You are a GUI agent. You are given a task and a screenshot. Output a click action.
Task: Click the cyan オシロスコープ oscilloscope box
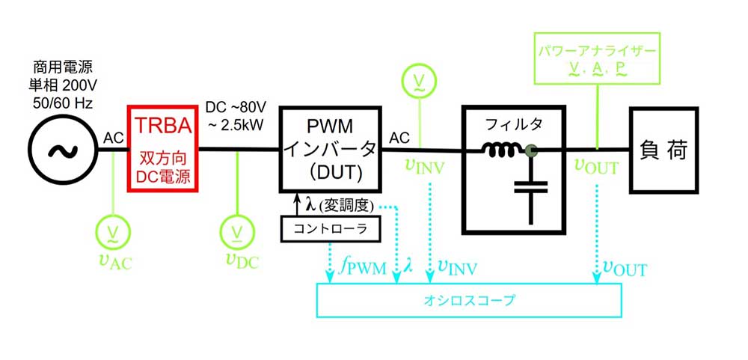coord(469,302)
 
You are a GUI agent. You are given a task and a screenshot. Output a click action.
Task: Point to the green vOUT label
coord(596,167)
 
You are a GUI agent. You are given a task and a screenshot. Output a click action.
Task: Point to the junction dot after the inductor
coord(532,151)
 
